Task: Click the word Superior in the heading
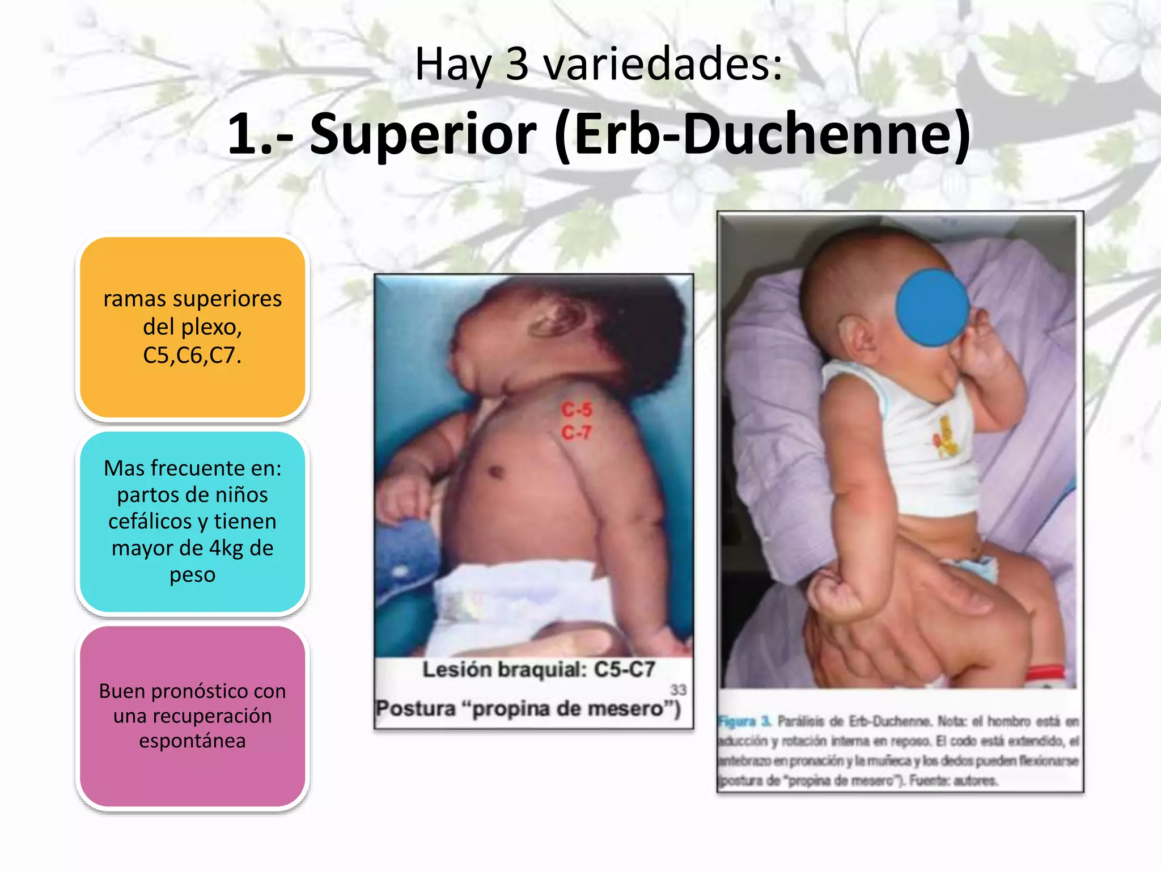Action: (422, 134)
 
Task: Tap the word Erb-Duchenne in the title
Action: (763, 134)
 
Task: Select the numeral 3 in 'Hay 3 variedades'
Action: (516, 64)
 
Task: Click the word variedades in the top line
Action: (663, 64)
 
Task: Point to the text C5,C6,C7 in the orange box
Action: (192, 356)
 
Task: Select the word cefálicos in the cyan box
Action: (150, 522)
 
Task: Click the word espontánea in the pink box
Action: (192, 741)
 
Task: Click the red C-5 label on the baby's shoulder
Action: (577, 409)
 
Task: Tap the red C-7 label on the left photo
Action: (577, 433)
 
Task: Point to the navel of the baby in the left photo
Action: (497, 471)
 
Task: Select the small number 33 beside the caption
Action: (678, 690)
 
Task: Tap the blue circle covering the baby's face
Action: (932, 307)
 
